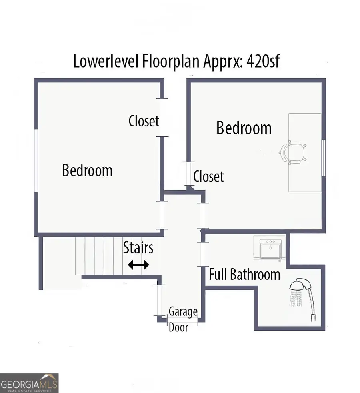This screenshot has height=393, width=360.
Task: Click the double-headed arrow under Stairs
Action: tap(138, 265)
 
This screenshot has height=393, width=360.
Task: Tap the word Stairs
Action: tap(138, 248)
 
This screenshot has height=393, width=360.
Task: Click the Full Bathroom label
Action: tap(244, 275)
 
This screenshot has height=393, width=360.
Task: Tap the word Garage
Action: tap(183, 311)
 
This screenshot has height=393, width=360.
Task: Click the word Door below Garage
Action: tap(178, 327)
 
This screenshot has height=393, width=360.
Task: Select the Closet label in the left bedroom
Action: tap(144, 121)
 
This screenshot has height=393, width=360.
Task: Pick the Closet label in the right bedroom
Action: tap(208, 176)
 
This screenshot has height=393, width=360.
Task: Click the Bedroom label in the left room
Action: tap(87, 171)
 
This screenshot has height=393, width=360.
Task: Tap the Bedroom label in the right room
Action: tap(244, 128)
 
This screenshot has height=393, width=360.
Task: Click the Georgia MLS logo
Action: tap(29, 383)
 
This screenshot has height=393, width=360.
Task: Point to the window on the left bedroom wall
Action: tap(36, 160)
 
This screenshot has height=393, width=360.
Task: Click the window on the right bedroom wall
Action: tap(324, 158)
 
